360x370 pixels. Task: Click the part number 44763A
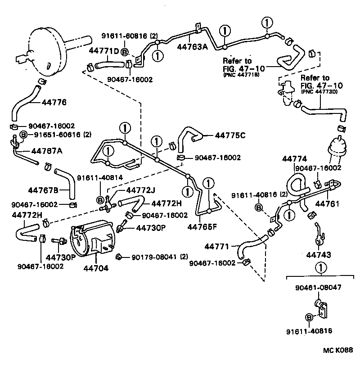click(192, 46)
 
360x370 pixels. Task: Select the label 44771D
click(103, 50)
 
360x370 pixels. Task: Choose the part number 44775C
click(230, 135)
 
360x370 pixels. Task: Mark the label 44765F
click(202, 226)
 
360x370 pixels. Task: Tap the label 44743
click(319, 255)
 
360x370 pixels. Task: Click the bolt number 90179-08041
click(154, 257)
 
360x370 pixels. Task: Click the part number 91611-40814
click(99, 177)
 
